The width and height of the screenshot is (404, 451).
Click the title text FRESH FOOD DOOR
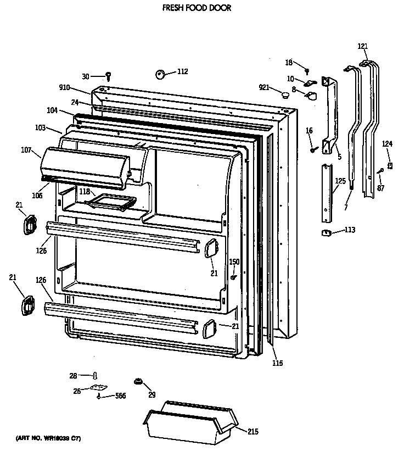pyautogui.click(x=196, y=8)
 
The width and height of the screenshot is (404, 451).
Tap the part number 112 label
pyautogui.click(x=182, y=71)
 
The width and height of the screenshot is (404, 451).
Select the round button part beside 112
pyautogui.click(x=161, y=74)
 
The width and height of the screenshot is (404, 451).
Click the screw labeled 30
pyautogui.click(x=109, y=76)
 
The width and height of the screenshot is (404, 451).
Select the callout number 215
pyautogui.click(x=252, y=432)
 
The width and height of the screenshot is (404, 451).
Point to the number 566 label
pyautogui.click(x=120, y=396)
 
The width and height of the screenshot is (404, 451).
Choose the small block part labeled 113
pyautogui.click(x=326, y=232)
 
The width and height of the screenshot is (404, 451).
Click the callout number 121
pyautogui.click(x=363, y=46)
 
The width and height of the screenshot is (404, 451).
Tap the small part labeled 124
pyautogui.click(x=390, y=165)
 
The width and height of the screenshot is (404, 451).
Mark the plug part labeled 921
pyautogui.click(x=285, y=95)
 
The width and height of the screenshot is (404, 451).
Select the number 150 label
pyautogui.click(x=234, y=261)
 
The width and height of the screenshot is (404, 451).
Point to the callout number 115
pyautogui.click(x=278, y=363)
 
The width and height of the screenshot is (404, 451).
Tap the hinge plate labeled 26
pyautogui.click(x=99, y=388)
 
